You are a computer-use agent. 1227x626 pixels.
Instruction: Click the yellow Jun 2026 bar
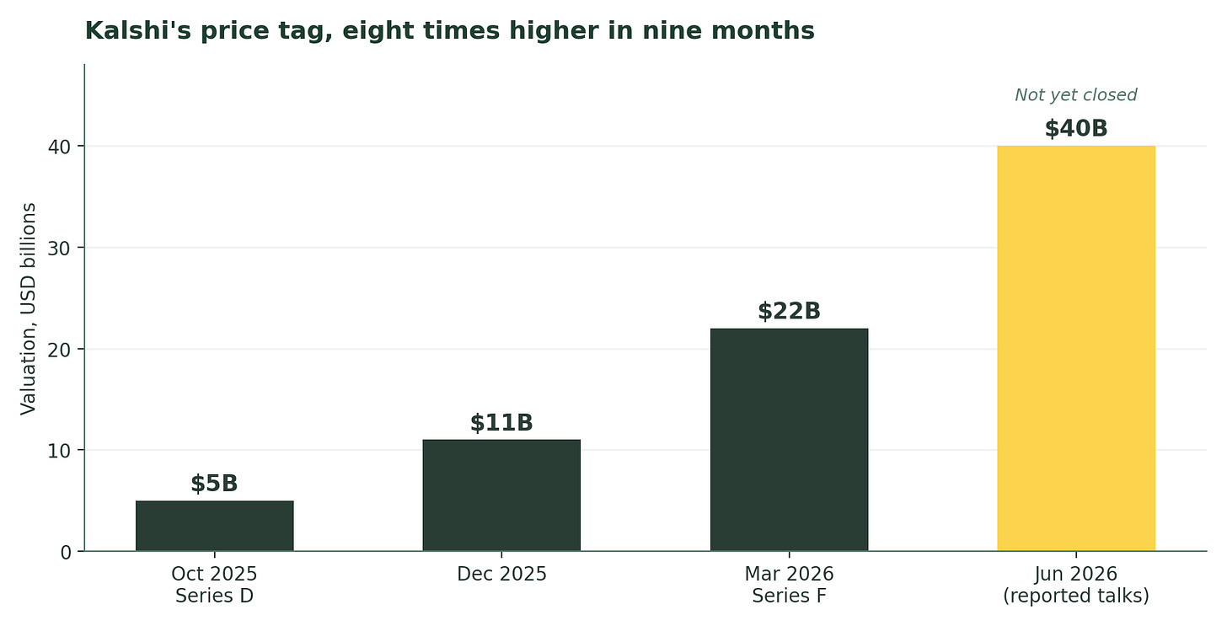tap(1076, 348)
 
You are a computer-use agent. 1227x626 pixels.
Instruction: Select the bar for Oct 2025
tap(215, 526)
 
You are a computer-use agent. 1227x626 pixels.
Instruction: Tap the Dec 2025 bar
tap(501, 495)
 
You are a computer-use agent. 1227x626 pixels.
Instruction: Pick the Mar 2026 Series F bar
tap(789, 440)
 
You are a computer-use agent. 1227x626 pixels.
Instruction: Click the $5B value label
tap(214, 484)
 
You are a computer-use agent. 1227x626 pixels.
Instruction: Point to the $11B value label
tap(501, 423)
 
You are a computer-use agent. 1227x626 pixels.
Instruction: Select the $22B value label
tap(790, 311)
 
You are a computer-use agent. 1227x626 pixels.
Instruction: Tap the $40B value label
tap(1076, 129)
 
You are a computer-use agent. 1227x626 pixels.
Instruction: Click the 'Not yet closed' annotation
tap(1076, 94)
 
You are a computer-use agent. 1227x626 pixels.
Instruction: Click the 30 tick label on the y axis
tap(59, 248)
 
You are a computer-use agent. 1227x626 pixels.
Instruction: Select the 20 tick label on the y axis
tap(59, 350)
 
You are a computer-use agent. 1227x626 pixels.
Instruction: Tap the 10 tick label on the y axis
tap(59, 451)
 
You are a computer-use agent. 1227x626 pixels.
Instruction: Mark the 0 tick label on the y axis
tap(66, 553)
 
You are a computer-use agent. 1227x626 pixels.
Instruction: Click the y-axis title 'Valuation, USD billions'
tap(28, 309)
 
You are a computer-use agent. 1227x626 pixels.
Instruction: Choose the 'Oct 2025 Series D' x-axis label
tap(214, 585)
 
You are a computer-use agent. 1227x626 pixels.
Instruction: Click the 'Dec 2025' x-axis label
tap(501, 574)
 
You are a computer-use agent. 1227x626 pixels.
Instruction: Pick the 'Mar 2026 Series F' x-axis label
tap(789, 585)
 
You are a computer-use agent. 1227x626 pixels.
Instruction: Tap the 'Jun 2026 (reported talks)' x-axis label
tap(1076, 585)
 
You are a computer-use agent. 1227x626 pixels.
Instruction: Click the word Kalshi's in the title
tap(138, 30)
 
